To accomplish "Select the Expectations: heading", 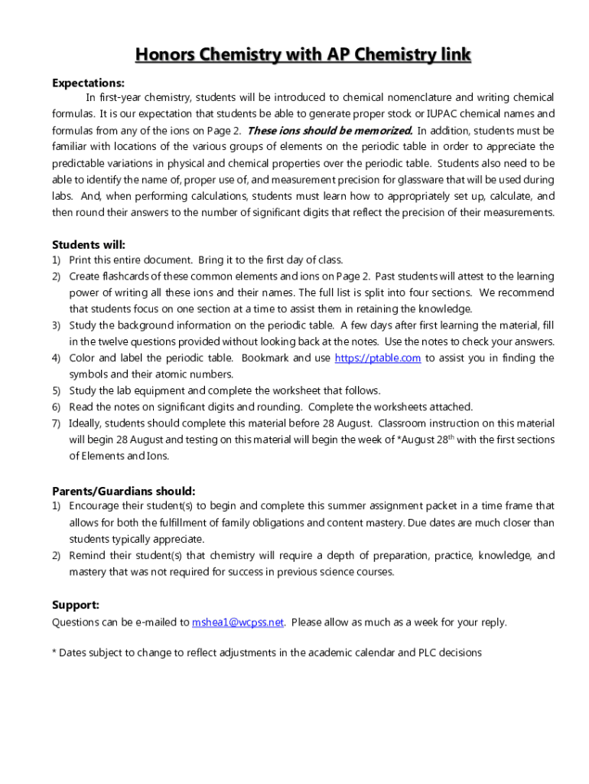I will click(x=88, y=83).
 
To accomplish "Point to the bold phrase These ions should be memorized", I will click(x=330, y=130).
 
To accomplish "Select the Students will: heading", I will click(x=89, y=245).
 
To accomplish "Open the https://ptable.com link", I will click(x=378, y=358).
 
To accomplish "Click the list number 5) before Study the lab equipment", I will click(x=57, y=390).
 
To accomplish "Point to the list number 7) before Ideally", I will click(x=57, y=423).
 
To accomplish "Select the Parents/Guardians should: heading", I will click(x=123, y=491).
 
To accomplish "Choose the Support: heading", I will click(x=75, y=605).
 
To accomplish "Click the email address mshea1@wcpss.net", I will click(x=238, y=622).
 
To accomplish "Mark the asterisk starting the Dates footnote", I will click(x=54, y=652).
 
